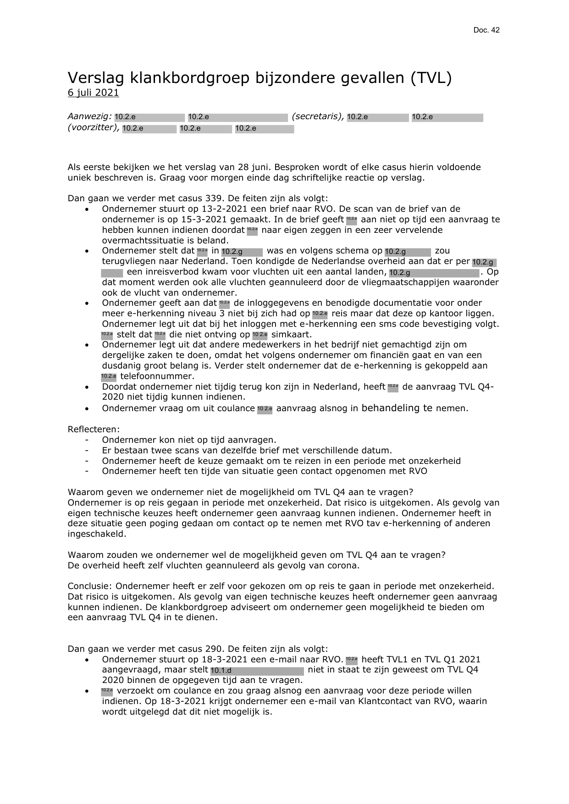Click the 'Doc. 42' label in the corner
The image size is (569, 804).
click(486, 30)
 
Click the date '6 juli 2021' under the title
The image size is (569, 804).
click(93, 93)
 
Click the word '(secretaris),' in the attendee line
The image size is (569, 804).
click(317, 116)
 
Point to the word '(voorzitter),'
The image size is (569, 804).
click(94, 127)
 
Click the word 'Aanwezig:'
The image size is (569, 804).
click(89, 116)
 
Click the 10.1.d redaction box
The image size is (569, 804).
click(257, 671)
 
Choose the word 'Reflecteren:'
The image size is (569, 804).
click(94, 430)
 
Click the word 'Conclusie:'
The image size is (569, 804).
click(90, 586)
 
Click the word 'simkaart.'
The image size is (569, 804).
click(292, 335)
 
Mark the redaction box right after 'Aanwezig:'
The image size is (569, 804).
click(149, 117)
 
